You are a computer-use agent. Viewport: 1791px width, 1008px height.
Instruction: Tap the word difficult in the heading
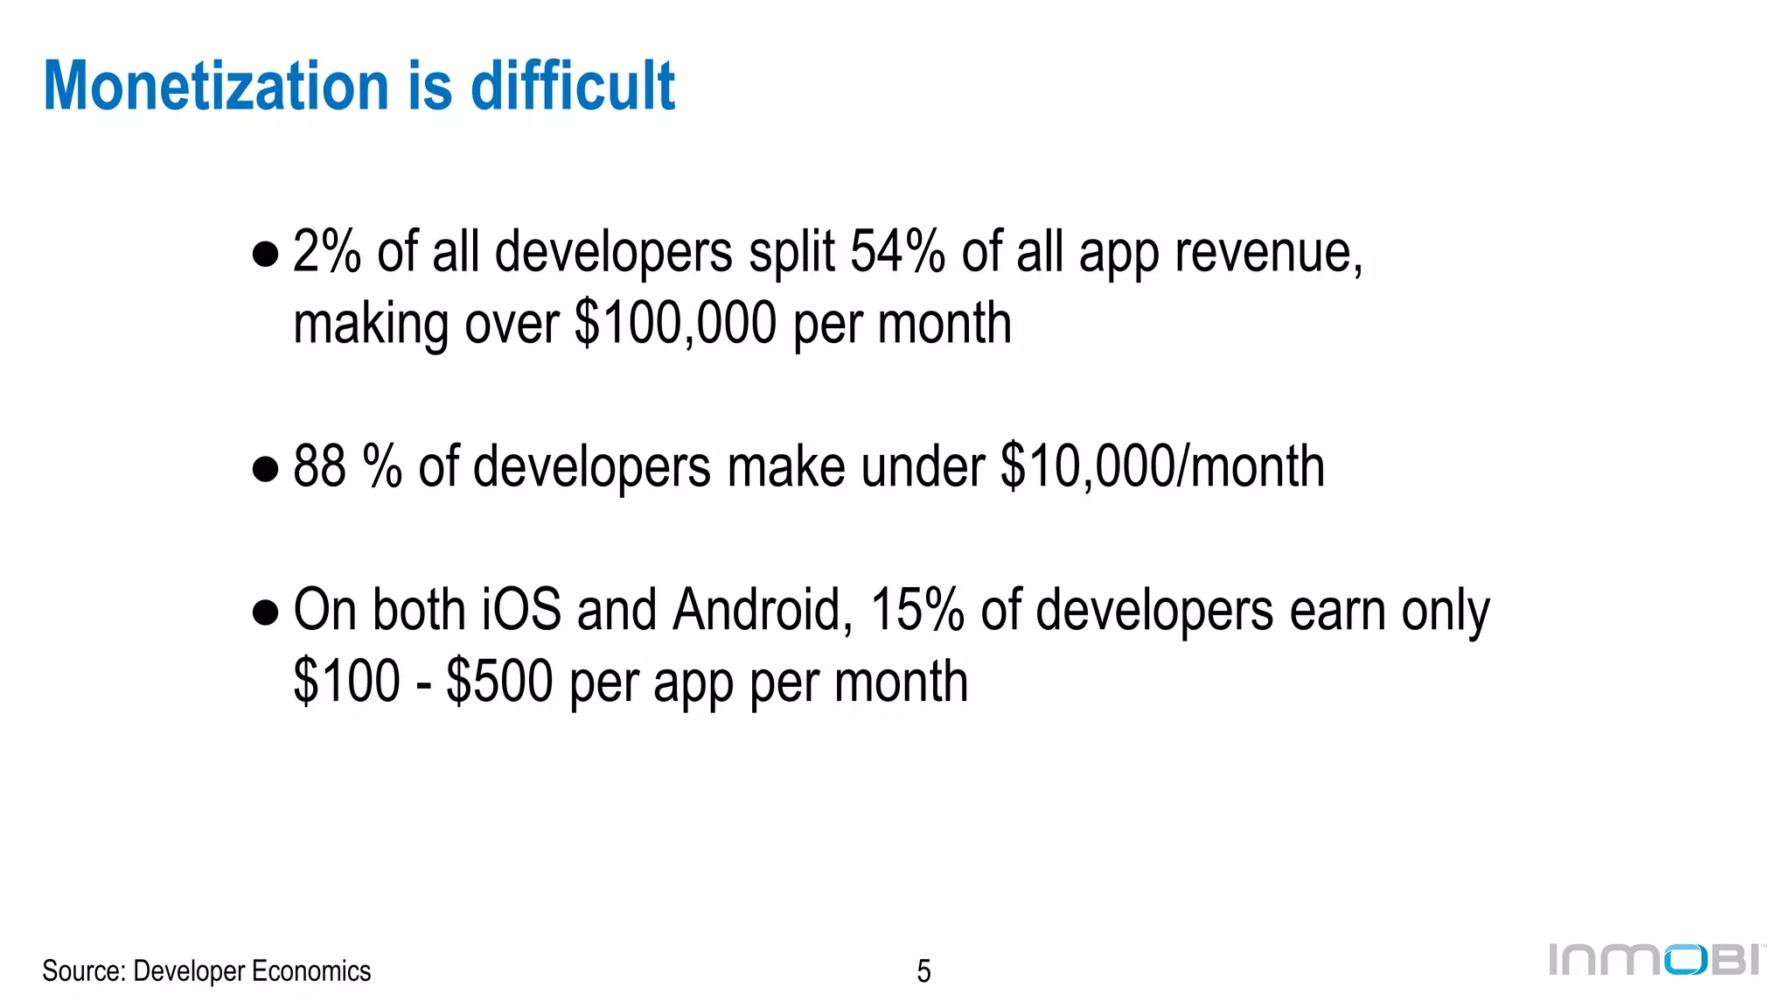[x=573, y=86]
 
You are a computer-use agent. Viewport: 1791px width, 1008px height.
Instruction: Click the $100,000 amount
[x=676, y=323]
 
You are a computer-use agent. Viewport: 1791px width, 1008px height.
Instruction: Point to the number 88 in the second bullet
[x=319, y=465]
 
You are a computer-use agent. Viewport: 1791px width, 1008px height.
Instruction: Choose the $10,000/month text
[x=1162, y=465]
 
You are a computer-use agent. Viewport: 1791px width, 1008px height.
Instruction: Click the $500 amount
[x=499, y=681]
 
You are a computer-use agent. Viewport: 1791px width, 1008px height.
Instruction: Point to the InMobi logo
[x=1656, y=960]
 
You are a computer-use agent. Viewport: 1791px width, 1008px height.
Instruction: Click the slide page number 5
[x=923, y=971]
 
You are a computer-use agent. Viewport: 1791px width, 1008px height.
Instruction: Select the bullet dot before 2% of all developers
[x=265, y=255]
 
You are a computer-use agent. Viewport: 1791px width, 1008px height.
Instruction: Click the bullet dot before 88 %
[x=265, y=469]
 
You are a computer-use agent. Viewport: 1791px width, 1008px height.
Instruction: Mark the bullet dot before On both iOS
[x=265, y=612]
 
